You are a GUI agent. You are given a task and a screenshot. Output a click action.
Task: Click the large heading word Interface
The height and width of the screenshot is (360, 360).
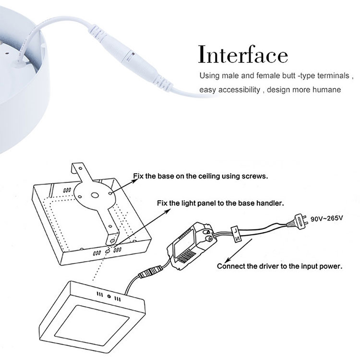[243, 54]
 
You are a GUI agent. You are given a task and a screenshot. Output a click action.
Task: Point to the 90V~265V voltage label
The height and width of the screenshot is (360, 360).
[326, 218]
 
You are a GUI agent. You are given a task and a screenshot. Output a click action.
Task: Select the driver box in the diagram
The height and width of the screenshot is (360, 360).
[192, 245]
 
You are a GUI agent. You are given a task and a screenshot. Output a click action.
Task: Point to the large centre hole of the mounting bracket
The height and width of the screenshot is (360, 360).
[95, 195]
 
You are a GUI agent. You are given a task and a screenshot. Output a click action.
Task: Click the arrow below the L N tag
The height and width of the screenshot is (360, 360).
[238, 251]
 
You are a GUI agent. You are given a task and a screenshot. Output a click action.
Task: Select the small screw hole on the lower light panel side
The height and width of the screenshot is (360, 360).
[109, 297]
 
